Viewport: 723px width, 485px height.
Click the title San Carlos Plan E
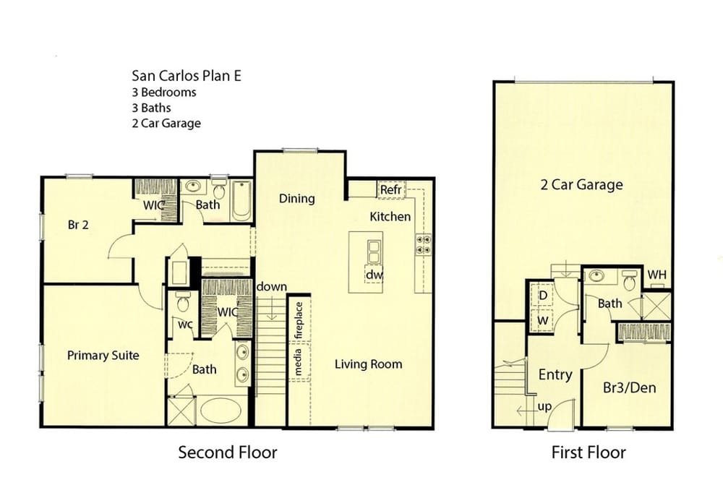187,76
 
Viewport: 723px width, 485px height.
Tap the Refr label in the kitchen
391,189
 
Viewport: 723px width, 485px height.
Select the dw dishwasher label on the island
374,275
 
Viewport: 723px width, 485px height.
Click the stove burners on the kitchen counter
424,244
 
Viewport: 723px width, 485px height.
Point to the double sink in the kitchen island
374,252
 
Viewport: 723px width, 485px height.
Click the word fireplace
299,320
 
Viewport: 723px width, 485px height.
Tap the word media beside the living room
299,362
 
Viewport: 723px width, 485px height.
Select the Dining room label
297,198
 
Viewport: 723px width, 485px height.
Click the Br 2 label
78,225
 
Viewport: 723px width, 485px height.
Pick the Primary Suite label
103,356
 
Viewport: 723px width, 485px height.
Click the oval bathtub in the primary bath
221,411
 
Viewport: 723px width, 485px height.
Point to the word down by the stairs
272,287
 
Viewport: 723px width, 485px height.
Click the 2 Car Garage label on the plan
581,185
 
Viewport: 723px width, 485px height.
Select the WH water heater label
656,275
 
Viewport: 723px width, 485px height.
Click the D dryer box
543,295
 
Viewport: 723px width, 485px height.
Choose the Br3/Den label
630,387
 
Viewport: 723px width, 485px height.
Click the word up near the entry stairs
544,407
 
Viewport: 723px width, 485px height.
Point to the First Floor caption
589,452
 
